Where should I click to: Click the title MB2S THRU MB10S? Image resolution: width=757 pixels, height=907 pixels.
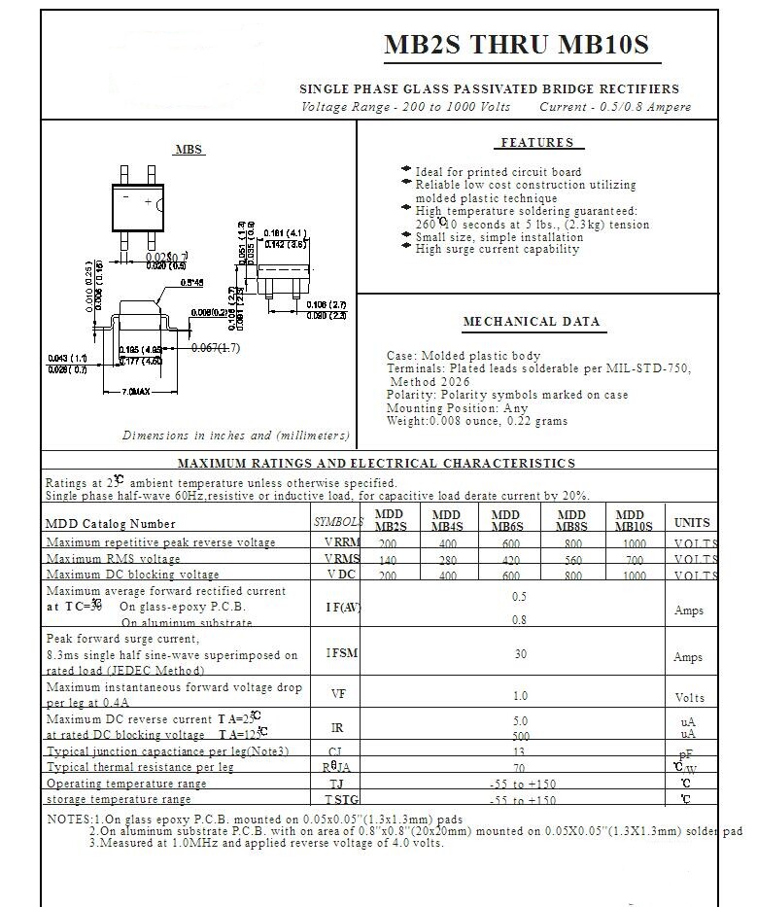515,46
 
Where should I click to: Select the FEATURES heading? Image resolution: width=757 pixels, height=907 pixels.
537,143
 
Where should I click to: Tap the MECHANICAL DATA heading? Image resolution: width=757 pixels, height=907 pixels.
532,322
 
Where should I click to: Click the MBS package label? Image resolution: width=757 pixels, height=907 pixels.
189,150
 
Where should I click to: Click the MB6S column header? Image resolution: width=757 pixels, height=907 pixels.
505,520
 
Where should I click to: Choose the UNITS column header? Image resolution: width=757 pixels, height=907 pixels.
692,522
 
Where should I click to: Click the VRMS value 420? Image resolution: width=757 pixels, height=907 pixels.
505,560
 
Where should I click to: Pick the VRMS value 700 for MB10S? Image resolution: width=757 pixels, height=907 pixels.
634,560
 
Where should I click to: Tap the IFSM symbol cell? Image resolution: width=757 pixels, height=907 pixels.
342,654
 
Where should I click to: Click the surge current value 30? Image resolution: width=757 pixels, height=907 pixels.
521,654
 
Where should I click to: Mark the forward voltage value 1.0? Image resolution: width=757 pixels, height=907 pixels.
521,695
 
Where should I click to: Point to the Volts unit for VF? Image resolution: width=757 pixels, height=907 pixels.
690,698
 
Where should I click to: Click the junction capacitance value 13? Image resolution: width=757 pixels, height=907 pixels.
520,751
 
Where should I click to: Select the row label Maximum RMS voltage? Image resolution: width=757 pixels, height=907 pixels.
113,559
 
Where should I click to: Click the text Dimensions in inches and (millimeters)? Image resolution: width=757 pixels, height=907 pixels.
236,436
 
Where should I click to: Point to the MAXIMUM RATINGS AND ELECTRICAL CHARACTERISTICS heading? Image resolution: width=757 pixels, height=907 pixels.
377,464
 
